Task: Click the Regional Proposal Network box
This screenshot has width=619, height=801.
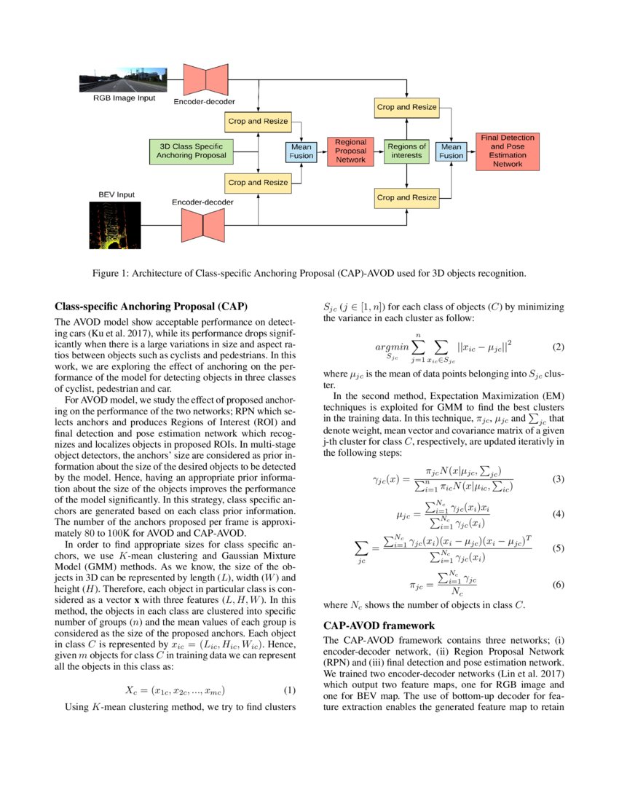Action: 350,151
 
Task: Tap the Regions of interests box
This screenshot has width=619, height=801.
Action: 406,151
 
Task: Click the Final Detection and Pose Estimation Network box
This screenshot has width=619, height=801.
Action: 508,151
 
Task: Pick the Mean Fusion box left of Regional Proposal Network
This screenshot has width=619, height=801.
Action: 301,151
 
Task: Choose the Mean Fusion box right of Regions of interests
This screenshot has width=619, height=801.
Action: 452,151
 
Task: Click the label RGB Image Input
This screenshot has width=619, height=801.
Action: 124,98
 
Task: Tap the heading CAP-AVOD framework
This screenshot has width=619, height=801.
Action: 379,626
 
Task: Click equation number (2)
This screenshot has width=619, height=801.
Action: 559,347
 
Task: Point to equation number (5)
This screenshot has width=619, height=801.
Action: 559,548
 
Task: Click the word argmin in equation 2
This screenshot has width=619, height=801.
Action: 393,347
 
